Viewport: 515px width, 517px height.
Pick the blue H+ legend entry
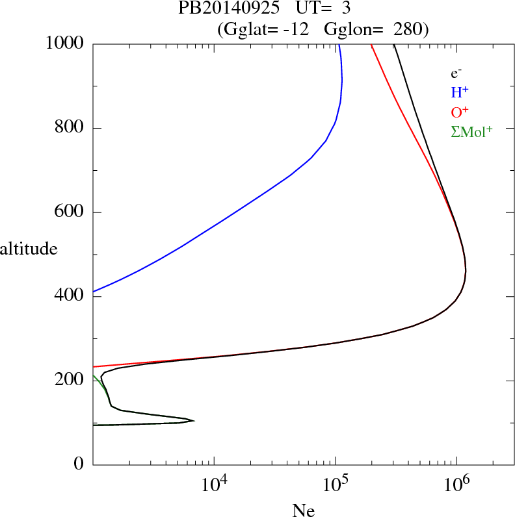point(459,93)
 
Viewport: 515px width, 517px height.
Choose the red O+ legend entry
point(459,112)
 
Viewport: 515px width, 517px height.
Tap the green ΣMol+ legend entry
point(471,132)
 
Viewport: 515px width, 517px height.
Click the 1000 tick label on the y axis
point(65,44)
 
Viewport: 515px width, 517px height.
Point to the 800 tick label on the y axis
point(70,128)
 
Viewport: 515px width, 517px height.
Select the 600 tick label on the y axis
point(70,212)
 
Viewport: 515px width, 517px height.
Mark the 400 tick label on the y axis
point(70,297)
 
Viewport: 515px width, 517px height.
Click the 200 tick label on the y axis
point(70,381)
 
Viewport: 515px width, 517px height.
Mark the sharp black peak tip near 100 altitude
point(194,421)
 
